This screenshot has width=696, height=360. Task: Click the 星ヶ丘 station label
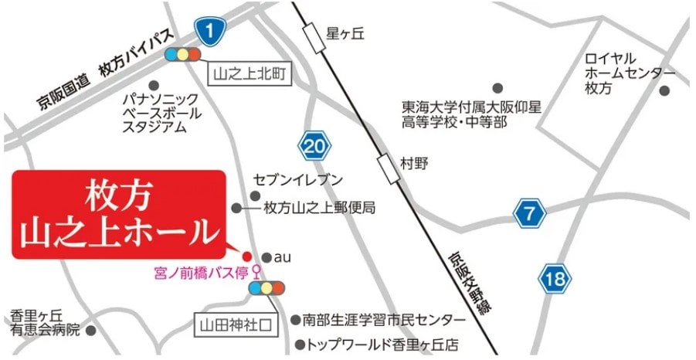[x=345, y=34]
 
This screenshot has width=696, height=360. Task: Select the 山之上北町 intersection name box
[x=250, y=74]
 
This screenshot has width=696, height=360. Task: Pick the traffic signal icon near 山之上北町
[x=183, y=55]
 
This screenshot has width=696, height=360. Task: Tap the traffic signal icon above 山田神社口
[x=267, y=288]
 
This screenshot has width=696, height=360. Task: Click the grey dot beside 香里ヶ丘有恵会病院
[x=91, y=330]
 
